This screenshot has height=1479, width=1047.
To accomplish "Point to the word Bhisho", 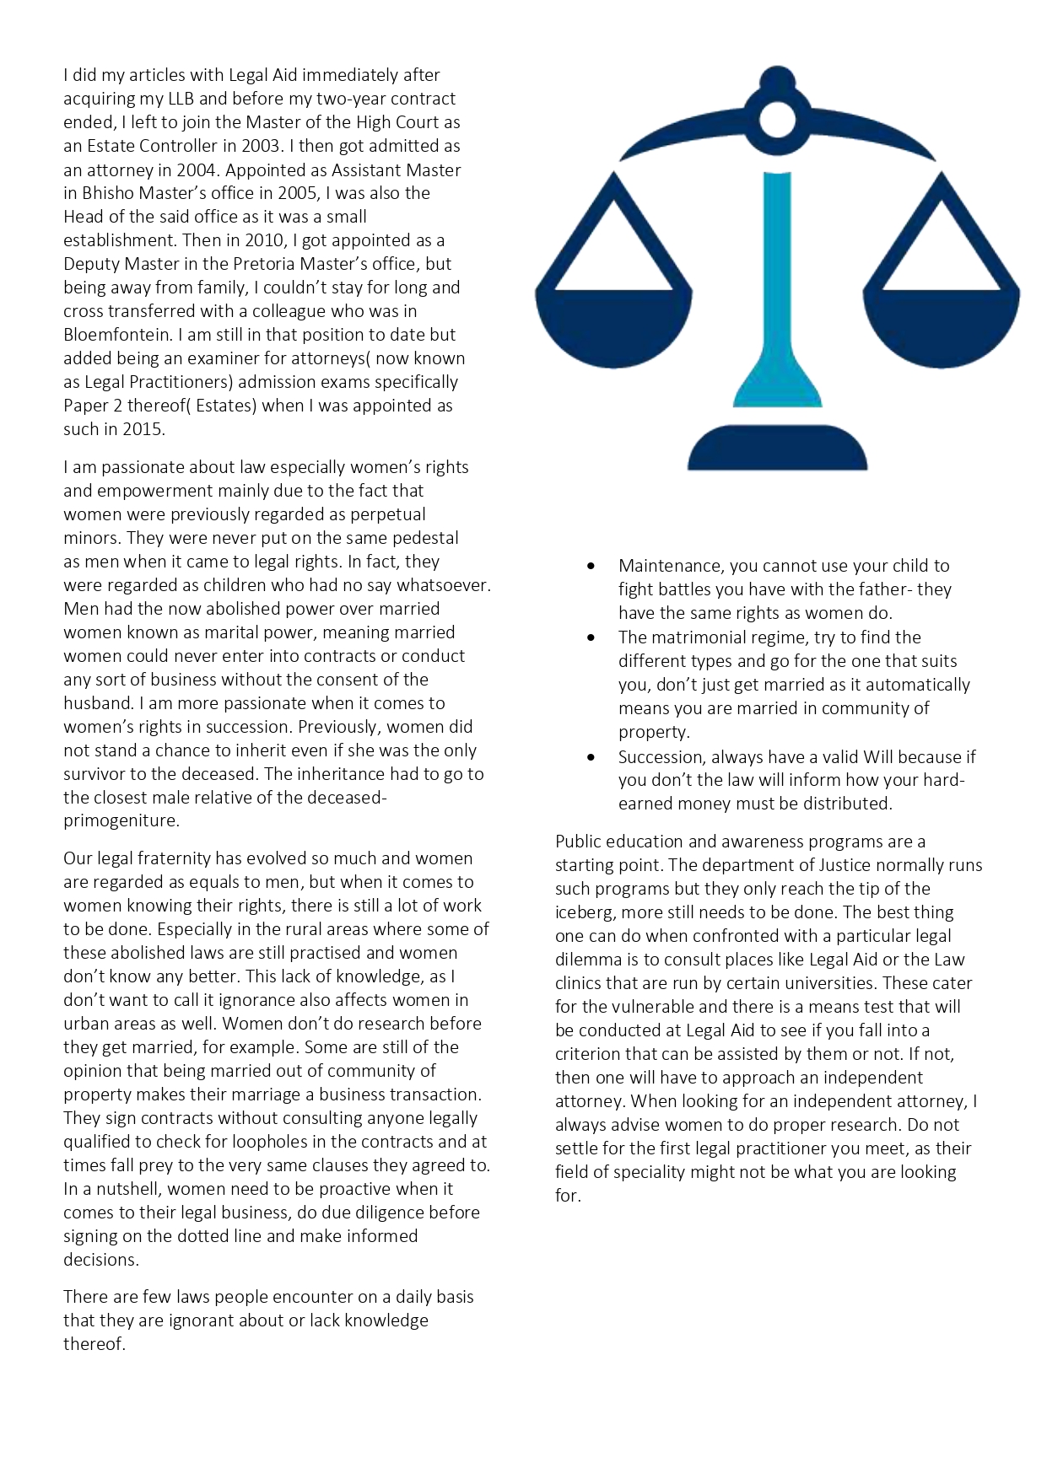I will (x=106, y=193).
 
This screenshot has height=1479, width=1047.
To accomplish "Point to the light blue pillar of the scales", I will (x=776, y=287).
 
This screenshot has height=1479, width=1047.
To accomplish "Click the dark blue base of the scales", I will (x=777, y=449).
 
